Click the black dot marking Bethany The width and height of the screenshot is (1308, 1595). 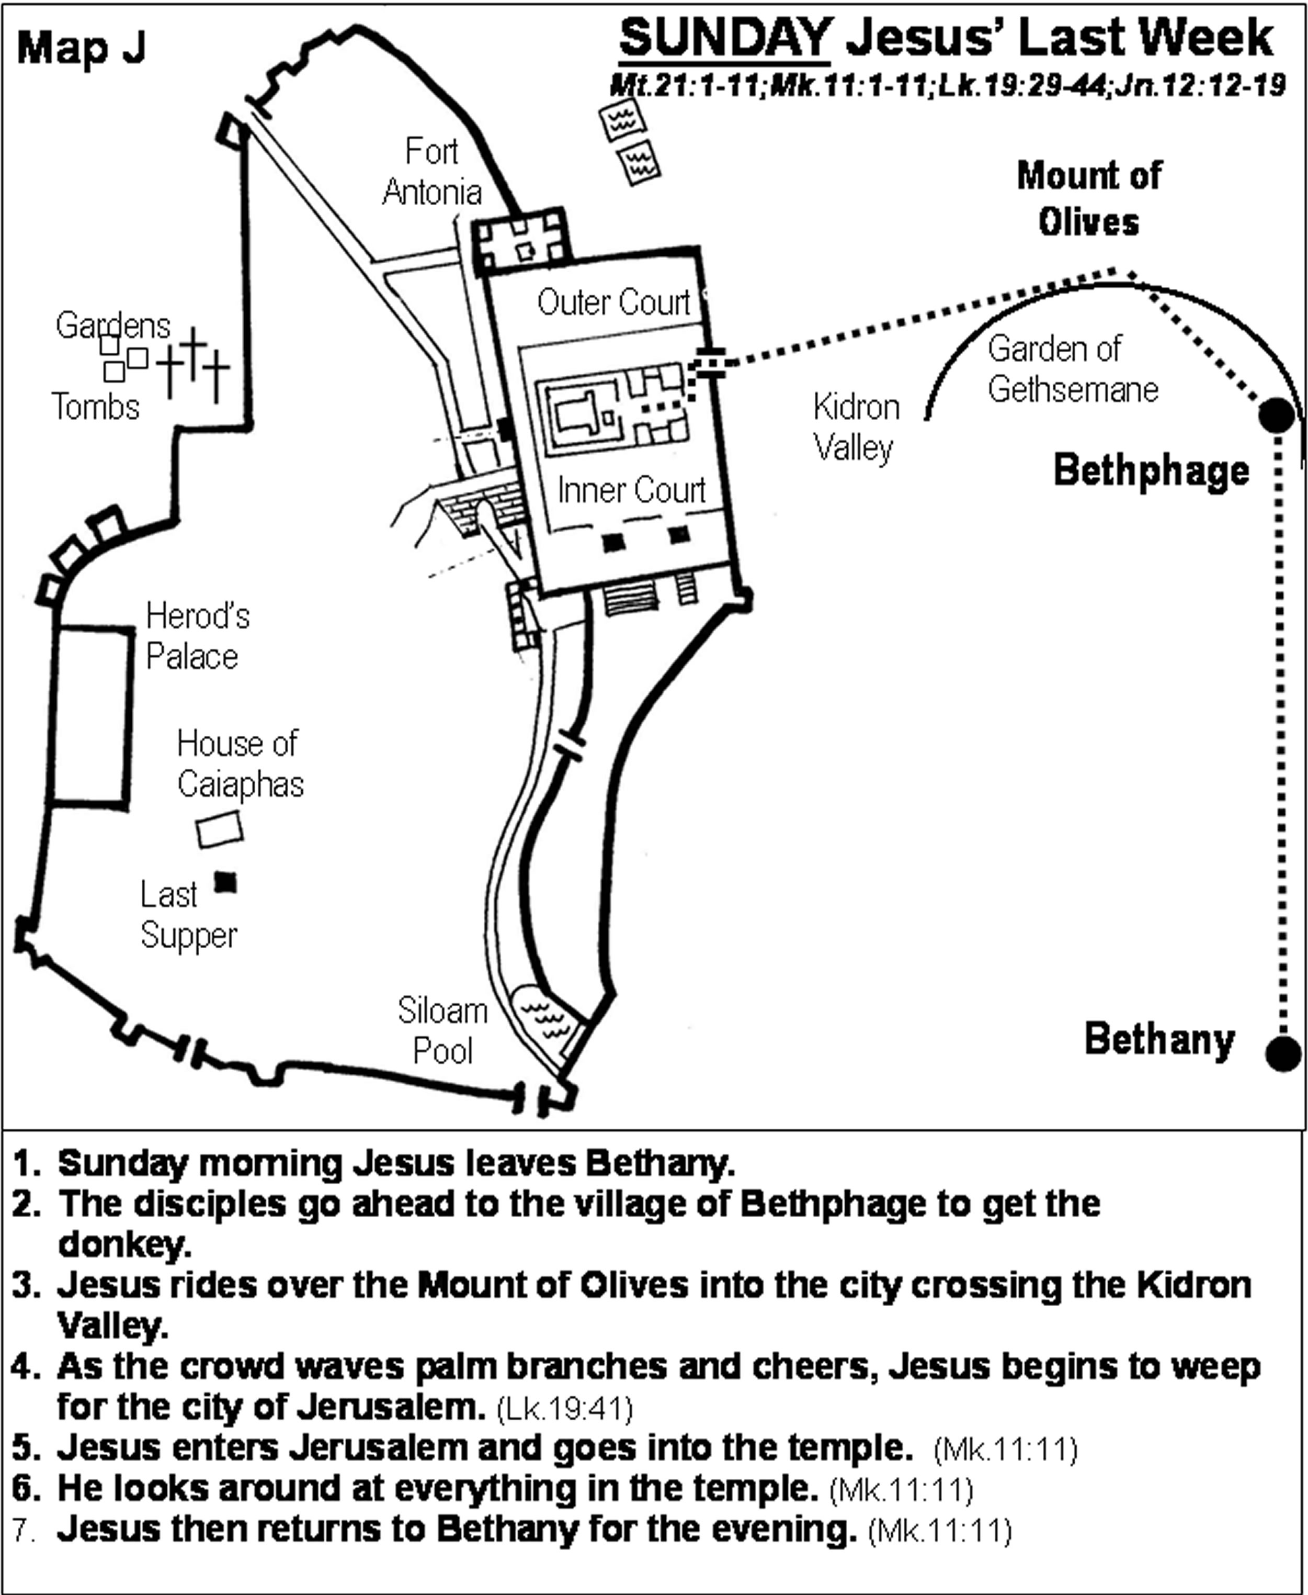coord(1283,1053)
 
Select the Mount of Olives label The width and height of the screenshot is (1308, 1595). coord(1089,198)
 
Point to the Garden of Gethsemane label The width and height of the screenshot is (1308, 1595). coord(1072,369)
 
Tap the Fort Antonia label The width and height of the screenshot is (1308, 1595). coord(432,172)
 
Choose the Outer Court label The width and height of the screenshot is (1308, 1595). coord(613,302)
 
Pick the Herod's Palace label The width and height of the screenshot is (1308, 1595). coord(197,636)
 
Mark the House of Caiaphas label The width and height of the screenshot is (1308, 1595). coord(240,763)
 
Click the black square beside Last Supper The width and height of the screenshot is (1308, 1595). coord(225,882)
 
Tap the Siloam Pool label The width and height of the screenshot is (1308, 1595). coord(443,1030)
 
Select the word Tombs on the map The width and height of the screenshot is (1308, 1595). coord(96,407)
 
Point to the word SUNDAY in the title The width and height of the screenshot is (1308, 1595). coord(724,38)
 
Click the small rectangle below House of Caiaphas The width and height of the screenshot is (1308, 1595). coord(219,830)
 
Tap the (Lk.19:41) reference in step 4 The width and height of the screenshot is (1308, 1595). coord(564,1409)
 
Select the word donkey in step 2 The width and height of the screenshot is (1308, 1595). coord(124,1244)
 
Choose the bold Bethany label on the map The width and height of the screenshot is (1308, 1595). coord(1159,1039)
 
